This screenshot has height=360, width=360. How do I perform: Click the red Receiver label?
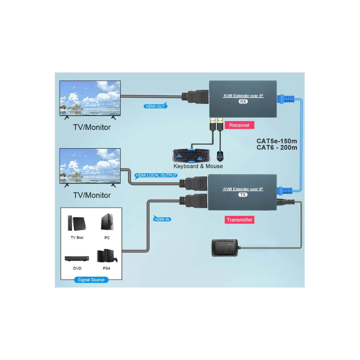[239, 125]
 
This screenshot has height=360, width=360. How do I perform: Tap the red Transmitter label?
[239, 220]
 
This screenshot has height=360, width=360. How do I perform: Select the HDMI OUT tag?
[155, 106]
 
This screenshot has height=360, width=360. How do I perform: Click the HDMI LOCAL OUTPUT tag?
[156, 175]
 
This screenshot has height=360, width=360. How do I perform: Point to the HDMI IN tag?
[162, 219]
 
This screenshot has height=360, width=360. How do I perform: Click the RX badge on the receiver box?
[243, 102]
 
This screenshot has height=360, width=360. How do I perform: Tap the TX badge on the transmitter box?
[243, 195]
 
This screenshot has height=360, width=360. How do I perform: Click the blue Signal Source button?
[91, 280]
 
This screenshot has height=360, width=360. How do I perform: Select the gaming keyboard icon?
[192, 155]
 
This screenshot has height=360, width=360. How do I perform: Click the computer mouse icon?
[220, 156]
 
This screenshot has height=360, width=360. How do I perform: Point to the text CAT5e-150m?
[277, 140]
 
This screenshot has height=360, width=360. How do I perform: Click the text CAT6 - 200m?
[277, 147]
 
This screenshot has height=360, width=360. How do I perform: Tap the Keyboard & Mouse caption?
[195, 166]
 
